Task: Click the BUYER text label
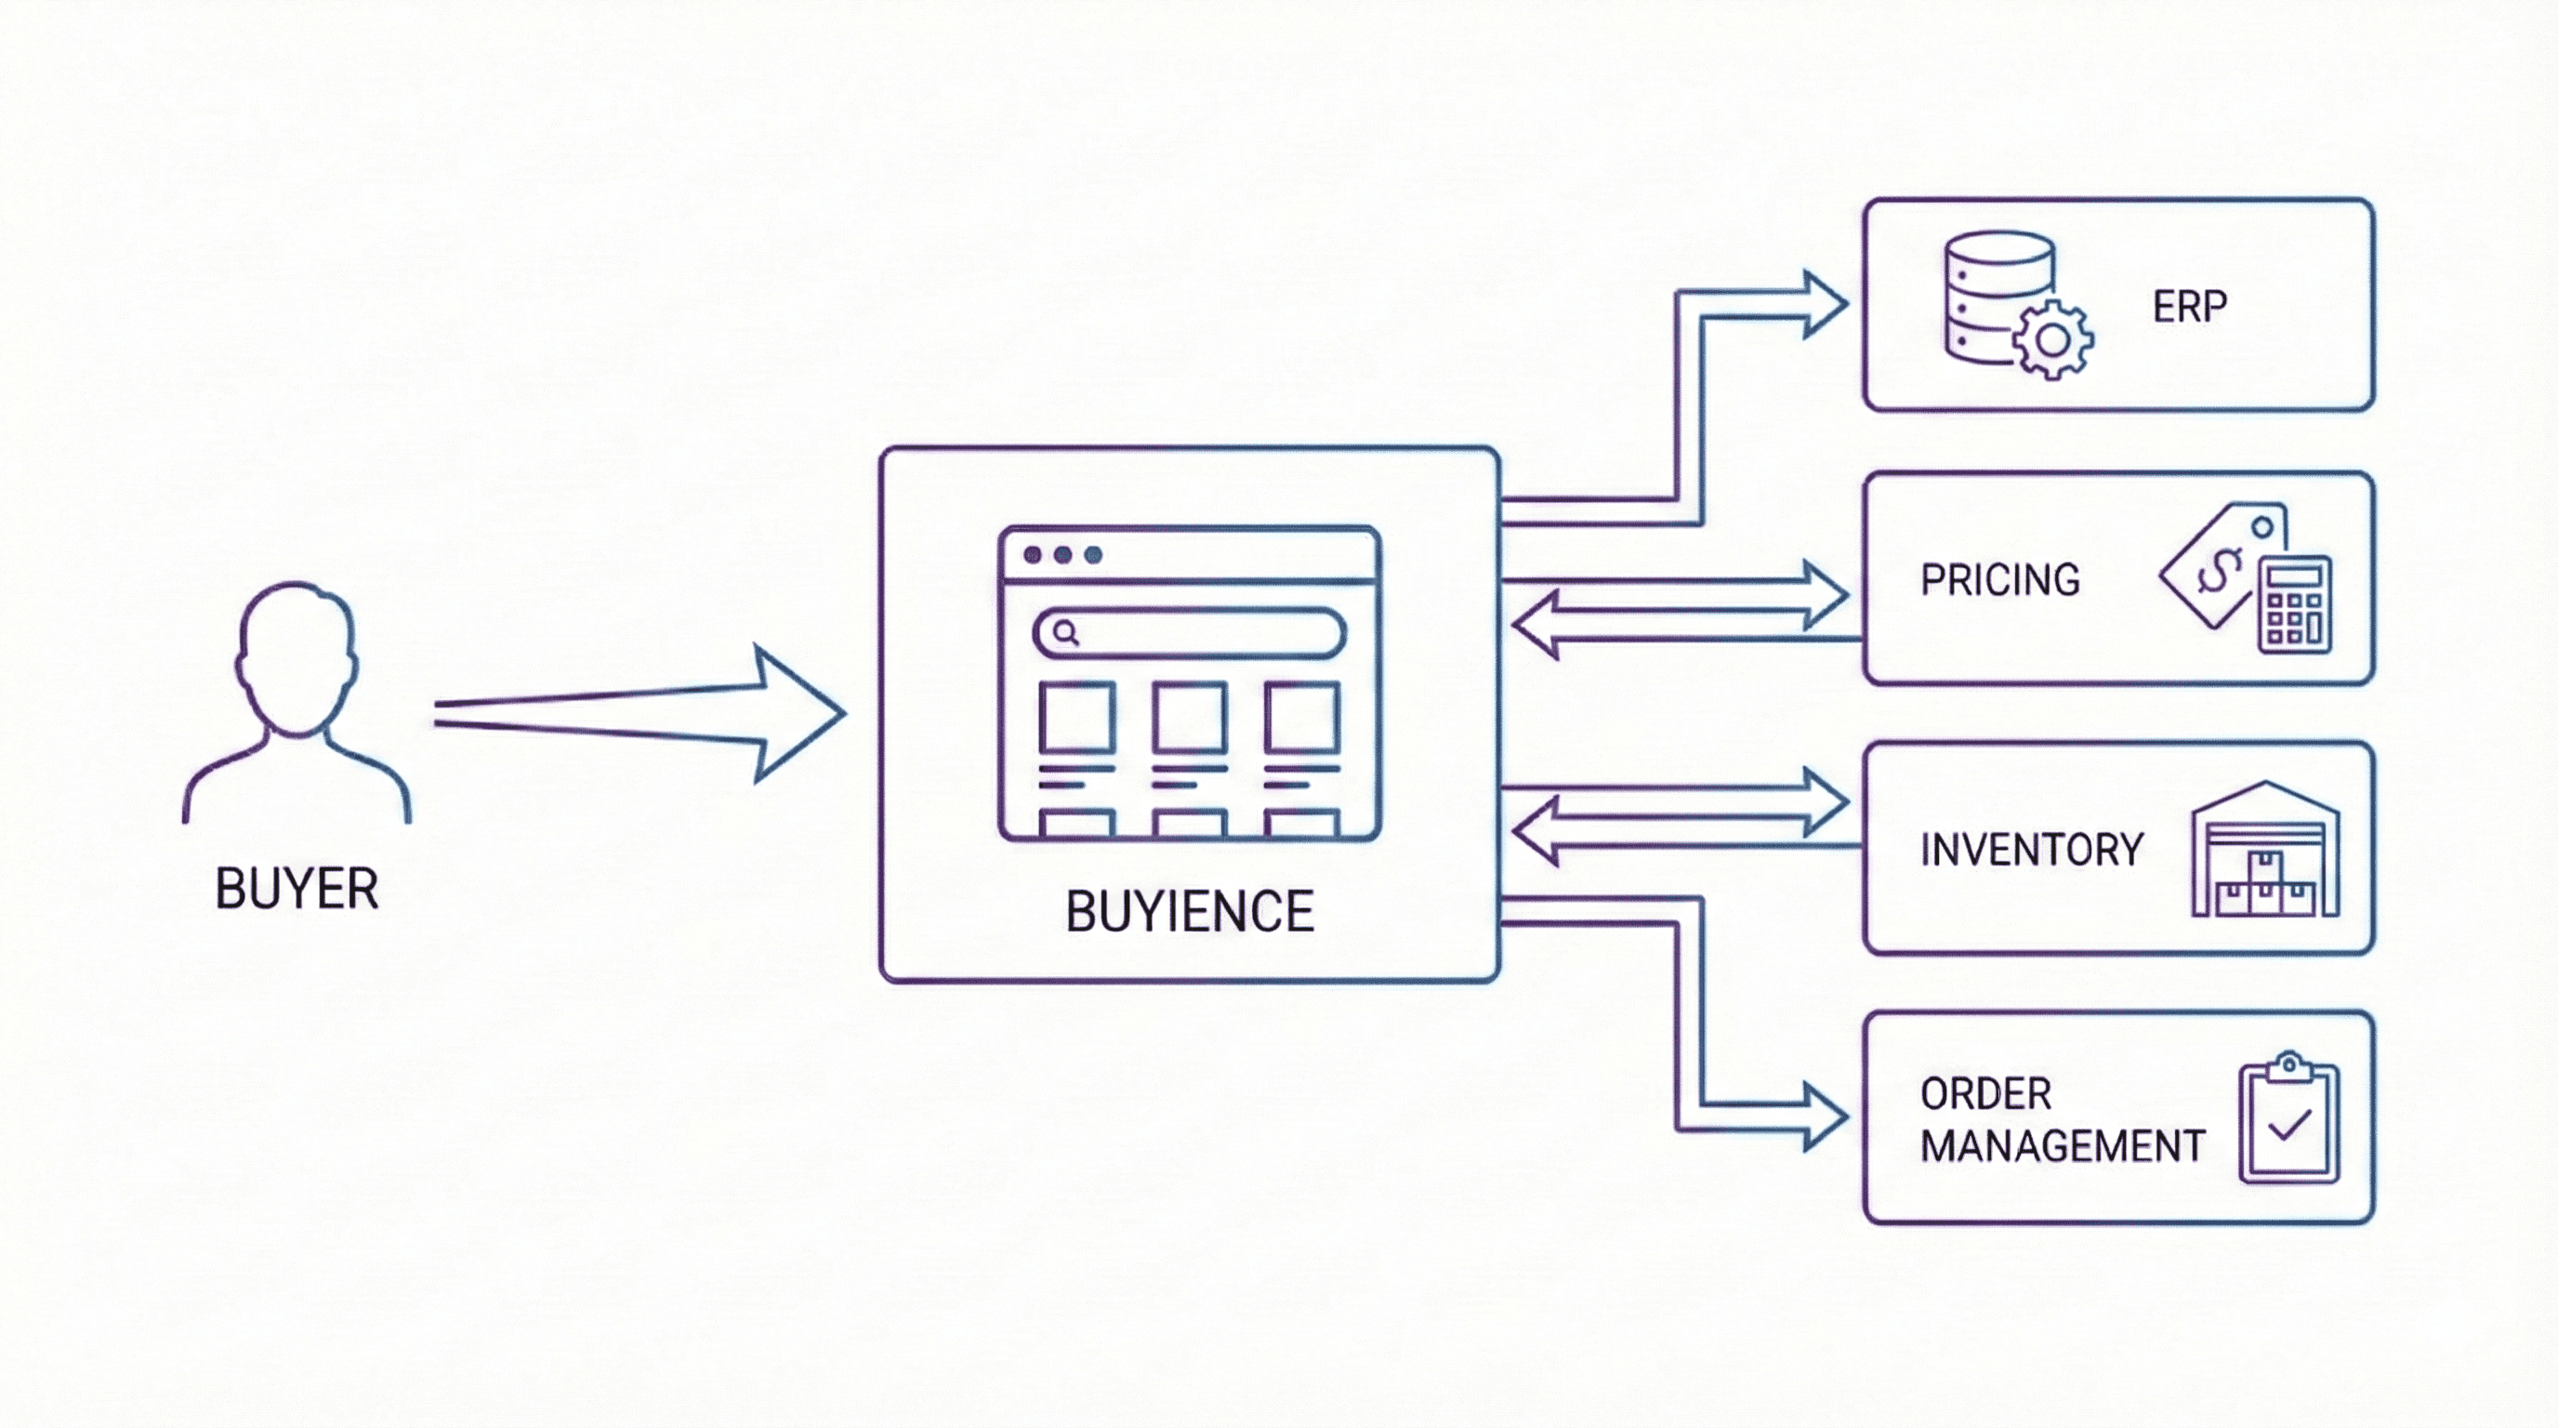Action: [296, 889]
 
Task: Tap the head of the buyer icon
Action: [296, 655]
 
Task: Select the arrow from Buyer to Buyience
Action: [636, 713]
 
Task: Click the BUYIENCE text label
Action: [1190, 912]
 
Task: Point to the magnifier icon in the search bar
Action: [1065, 632]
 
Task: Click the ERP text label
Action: [2189, 307]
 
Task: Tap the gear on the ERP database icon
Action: [2052, 340]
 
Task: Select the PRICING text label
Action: [2000, 580]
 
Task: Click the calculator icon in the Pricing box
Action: [2295, 603]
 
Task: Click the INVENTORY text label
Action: [2032, 850]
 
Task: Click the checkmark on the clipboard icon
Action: [2288, 1125]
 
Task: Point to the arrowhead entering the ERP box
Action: [1826, 304]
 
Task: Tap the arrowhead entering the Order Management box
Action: [1826, 1117]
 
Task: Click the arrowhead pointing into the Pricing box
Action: [1826, 594]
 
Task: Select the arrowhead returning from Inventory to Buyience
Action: [1536, 832]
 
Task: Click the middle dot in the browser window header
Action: [1062, 554]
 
